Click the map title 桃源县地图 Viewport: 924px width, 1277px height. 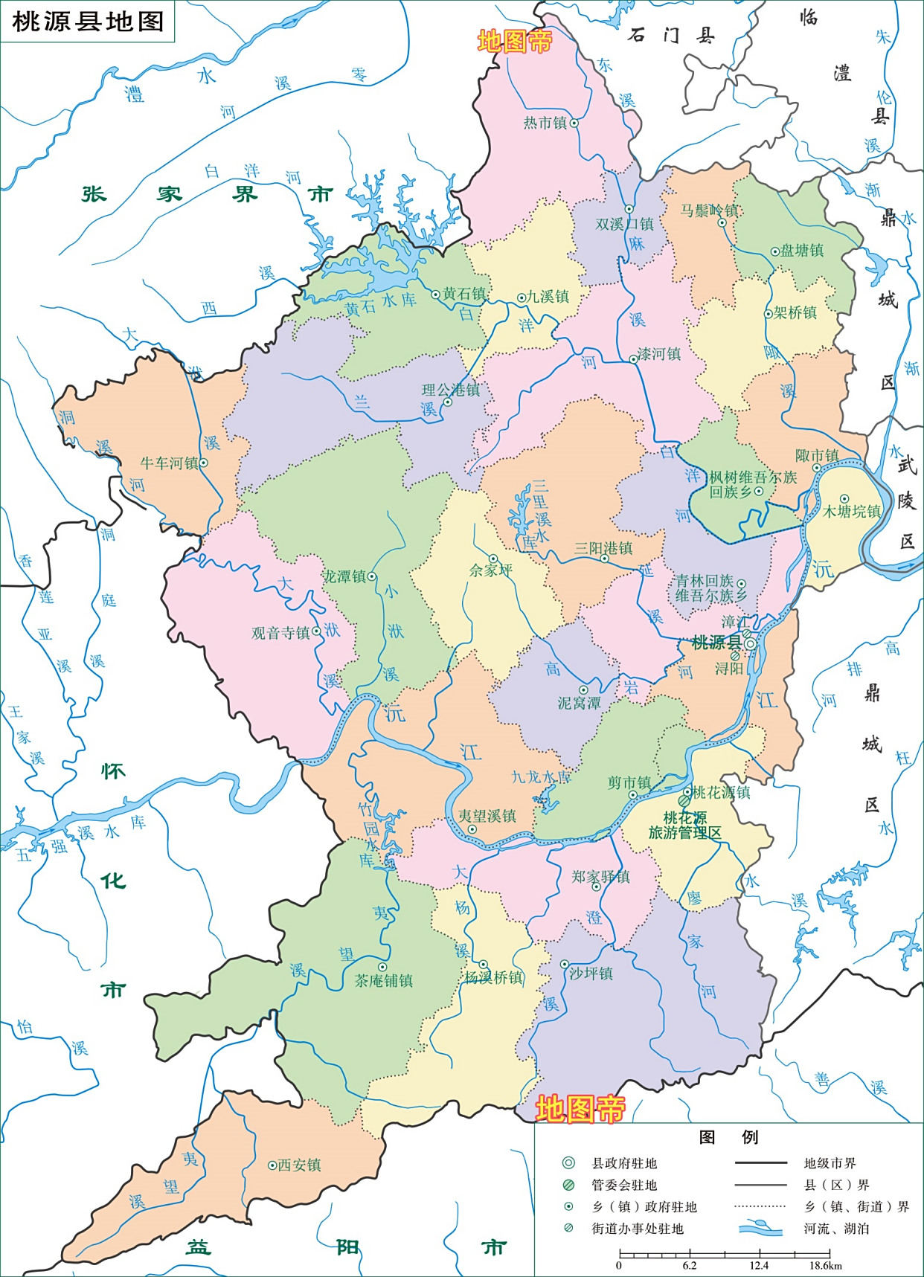click(88, 21)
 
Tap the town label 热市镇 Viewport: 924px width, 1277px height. click(545, 123)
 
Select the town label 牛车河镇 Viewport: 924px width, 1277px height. click(169, 463)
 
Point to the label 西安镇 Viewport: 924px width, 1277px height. click(299, 1165)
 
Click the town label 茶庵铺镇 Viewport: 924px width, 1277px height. click(383, 980)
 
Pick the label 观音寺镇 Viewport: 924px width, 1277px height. click(280, 633)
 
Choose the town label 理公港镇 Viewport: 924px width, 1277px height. click(451, 389)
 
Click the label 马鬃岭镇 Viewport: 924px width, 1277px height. click(709, 210)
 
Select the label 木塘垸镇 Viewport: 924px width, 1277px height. click(852, 512)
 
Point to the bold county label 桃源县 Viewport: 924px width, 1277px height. click(716, 643)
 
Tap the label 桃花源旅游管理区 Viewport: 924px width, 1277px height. click(684, 826)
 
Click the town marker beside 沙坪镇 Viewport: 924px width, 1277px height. click(565, 964)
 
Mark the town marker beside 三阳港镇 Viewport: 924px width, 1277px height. click(605, 559)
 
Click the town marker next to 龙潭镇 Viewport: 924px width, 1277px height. click(372, 576)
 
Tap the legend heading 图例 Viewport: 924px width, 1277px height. click(728, 1136)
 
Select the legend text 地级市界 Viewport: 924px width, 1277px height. click(830, 1163)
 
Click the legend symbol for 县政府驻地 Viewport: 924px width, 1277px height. click(568, 1163)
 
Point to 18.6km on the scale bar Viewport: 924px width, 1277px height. click(826, 1265)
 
